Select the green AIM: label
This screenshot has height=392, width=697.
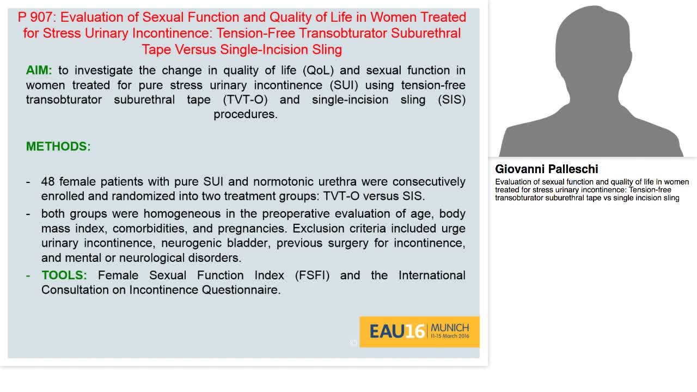click(39, 70)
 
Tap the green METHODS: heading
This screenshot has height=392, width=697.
click(58, 146)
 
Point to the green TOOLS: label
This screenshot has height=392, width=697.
click(64, 275)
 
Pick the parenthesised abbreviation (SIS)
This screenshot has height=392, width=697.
click(451, 100)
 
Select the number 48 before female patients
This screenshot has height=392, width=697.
click(48, 181)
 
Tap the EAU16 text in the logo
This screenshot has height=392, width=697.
click(396, 332)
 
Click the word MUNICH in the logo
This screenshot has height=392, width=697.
click(449, 328)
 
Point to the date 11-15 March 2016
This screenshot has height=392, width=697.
click(449, 336)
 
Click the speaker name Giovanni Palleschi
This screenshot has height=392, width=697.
click(546, 169)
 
